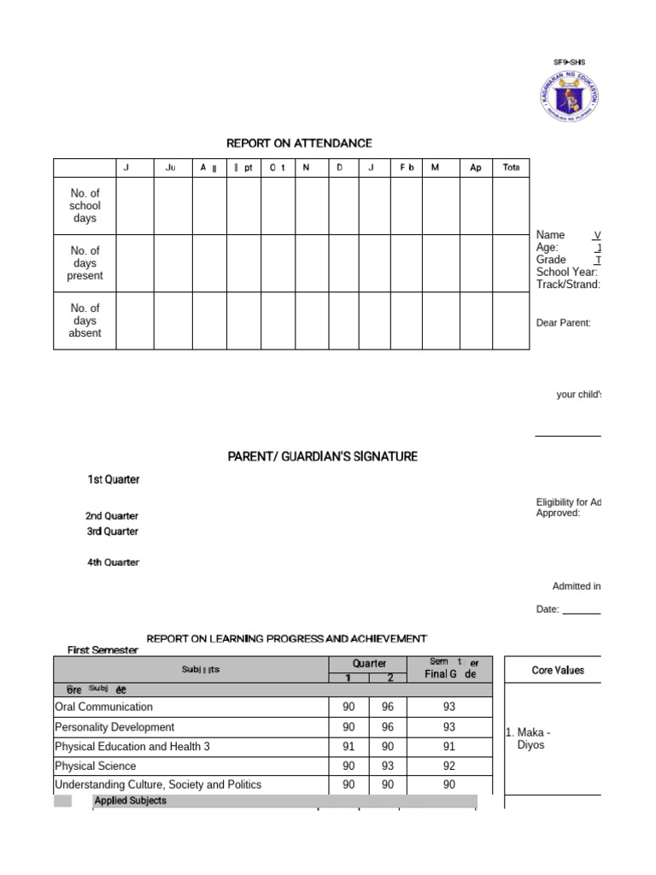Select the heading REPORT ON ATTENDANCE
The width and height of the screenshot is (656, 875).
point(299,144)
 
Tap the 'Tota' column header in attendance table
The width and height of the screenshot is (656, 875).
point(511,167)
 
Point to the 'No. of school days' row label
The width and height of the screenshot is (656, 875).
point(85,206)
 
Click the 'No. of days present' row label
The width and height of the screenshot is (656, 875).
point(85,263)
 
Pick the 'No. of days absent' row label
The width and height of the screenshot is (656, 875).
point(85,320)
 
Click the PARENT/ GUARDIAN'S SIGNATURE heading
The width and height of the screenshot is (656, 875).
point(322,457)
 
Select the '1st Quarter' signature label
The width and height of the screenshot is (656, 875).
point(114,480)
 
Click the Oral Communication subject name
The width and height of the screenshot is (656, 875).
point(103,708)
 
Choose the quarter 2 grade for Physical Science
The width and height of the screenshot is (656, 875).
point(388,766)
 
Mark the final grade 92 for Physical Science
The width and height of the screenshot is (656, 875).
point(449,766)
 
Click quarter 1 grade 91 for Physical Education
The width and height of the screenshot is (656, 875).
point(348,747)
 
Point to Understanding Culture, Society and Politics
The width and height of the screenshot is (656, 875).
point(158,784)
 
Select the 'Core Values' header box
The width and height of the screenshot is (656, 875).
point(557,671)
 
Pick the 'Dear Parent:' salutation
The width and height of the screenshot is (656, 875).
point(563,323)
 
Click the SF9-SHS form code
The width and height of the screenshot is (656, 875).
point(570,62)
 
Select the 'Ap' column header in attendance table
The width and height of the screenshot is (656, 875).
point(476,167)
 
